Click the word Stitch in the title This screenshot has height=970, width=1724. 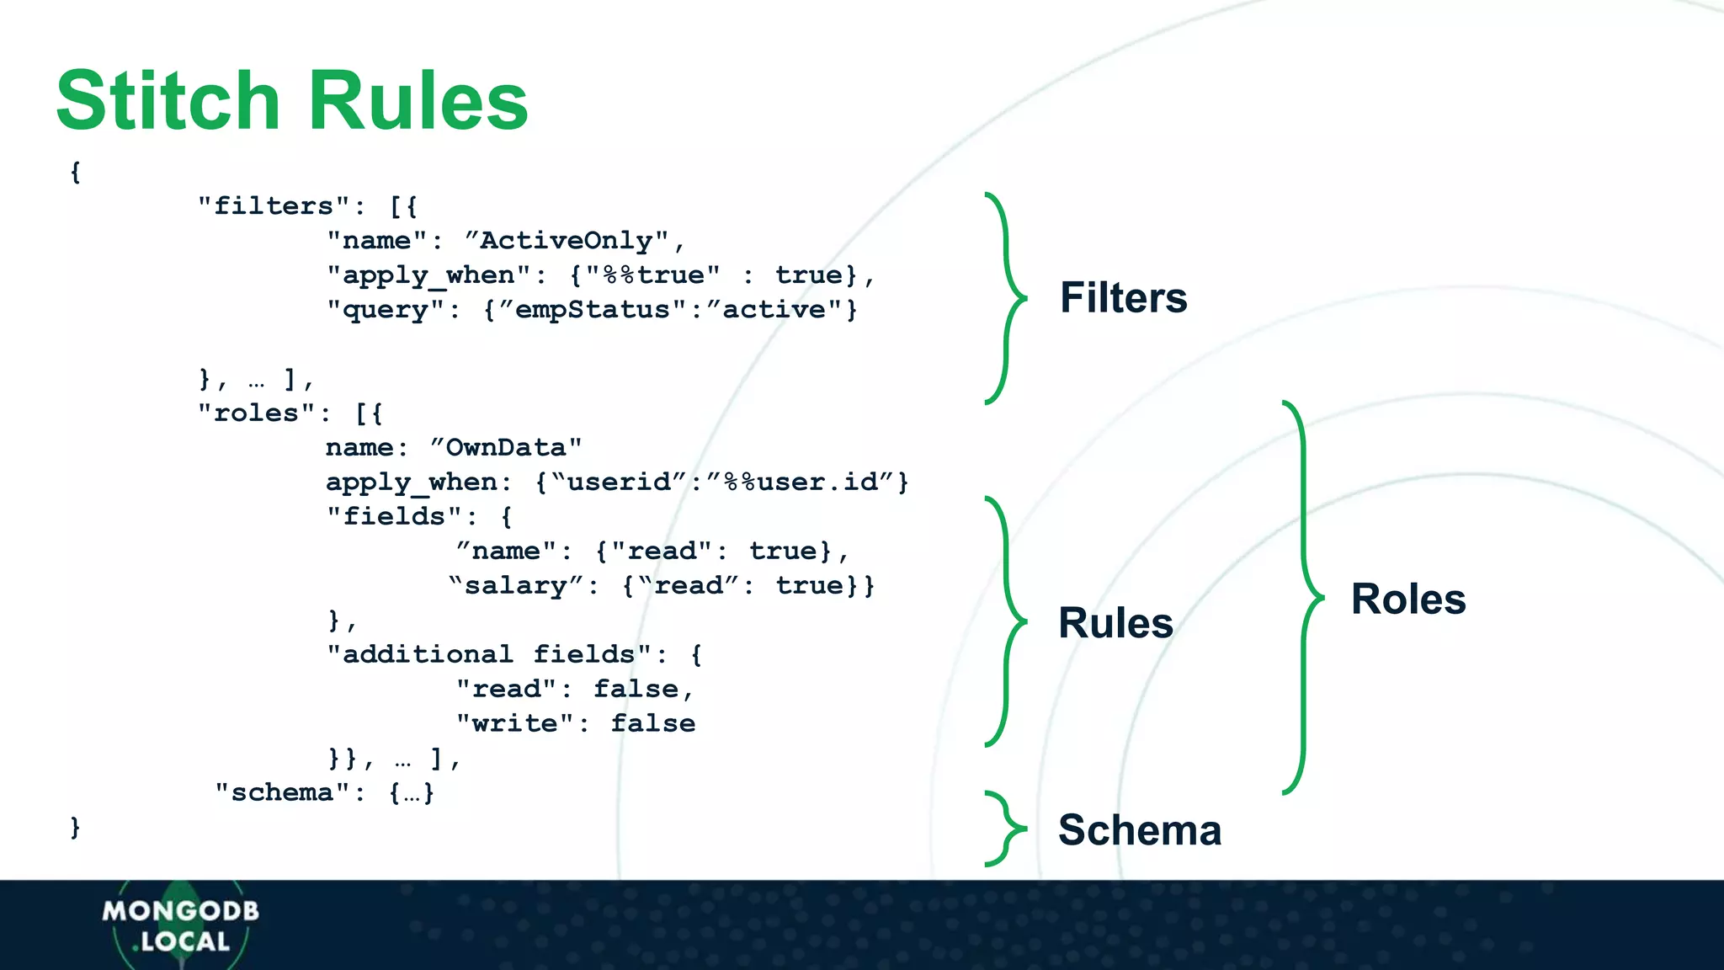click(x=168, y=101)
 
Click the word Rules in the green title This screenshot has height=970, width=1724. click(x=418, y=101)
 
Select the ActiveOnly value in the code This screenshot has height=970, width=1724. click(x=566, y=241)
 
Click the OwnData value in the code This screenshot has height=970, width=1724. click(x=505, y=448)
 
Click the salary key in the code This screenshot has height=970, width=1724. click(x=515, y=586)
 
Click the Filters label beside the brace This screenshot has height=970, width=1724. click(x=1123, y=298)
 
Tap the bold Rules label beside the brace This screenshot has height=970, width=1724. click(x=1115, y=623)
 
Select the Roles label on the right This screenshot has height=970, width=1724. click(x=1408, y=600)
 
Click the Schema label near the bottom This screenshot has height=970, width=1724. click(x=1140, y=830)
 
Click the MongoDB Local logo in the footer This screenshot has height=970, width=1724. click(x=181, y=925)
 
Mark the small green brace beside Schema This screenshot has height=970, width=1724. click(x=1005, y=829)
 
